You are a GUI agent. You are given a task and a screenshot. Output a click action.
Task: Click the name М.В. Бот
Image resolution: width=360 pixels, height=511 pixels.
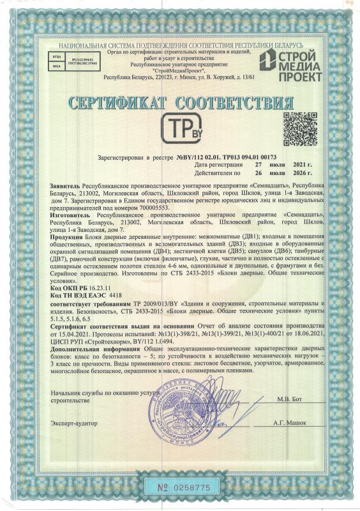point(289,399)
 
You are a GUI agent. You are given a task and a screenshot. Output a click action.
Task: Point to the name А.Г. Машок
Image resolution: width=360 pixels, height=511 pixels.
point(292,423)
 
